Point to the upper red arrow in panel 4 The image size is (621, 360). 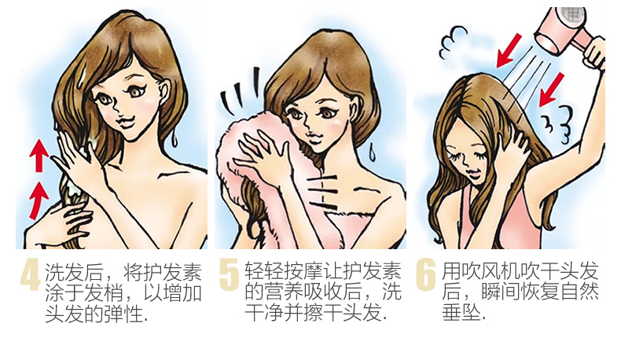click(x=39, y=156)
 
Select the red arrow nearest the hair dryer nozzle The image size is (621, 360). click(x=509, y=50)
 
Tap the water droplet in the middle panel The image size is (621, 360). click(x=372, y=152)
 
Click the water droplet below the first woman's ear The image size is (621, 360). click(x=175, y=138)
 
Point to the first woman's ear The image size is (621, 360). click(x=164, y=92)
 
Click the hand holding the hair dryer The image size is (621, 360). click(x=594, y=53)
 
